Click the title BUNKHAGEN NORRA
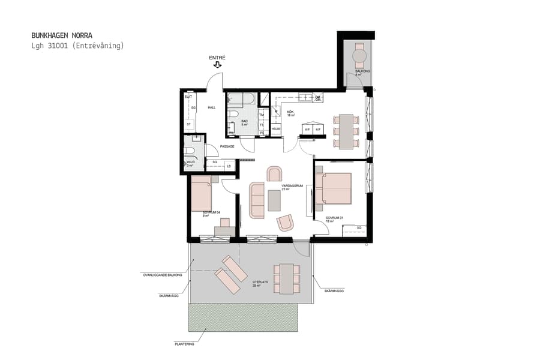click(x=62, y=35)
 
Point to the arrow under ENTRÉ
click(x=217, y=65)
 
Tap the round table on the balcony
click(x=359, y=57)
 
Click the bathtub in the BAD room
click(x=241, y=99)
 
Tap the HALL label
click(x=211, y=108)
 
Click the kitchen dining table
click(x=346, y=131)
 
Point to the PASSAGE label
click(x=227, y=147)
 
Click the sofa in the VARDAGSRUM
click(x=257, y=200)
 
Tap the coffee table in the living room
click(x=274, y=200)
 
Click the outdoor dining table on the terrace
click(x=286, y=279)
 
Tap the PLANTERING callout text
click(x=185, y=344)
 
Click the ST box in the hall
click(x=188, y=124)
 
